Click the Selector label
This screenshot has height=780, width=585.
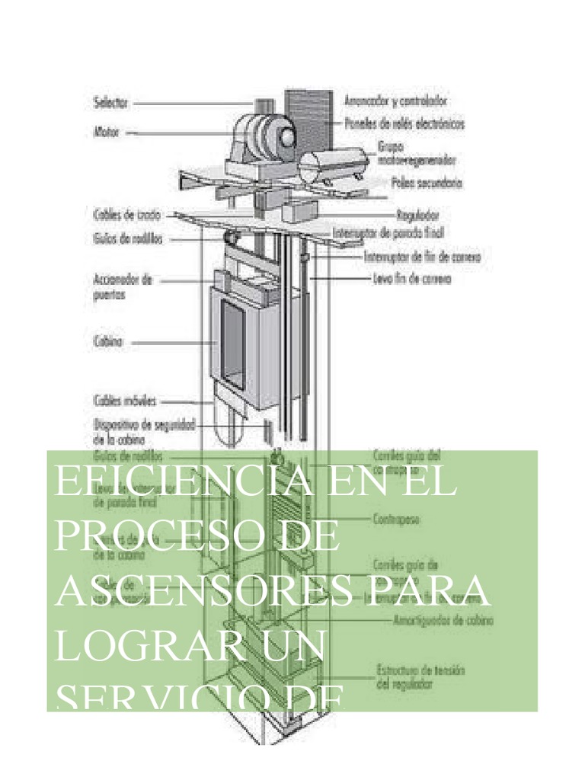pyautogui.click(x=110, y=101)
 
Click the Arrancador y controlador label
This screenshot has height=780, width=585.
pyautogui.click(x=395, y=100)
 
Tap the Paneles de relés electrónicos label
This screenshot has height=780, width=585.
pyautogui.click(x=404, y=123)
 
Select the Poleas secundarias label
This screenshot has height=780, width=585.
pyautogui.click(x=426, y=183)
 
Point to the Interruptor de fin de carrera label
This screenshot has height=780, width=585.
pyautogui.click(x=422, y=257)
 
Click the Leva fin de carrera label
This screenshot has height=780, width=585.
pyautogui.click(x=413, y=279)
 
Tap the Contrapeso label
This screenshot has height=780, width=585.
pyautogui.click(x=399, y=521)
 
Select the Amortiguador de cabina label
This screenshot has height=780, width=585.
pyautogui.click(x=443, y=620)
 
